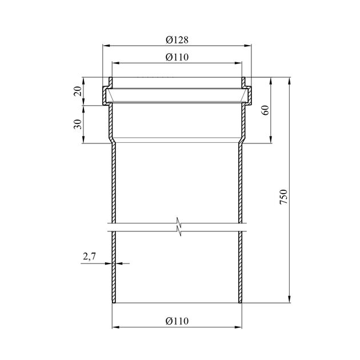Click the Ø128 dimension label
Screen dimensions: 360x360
coord(177,40)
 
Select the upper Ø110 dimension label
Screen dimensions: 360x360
coord(177,57)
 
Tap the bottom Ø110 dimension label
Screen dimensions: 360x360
coord(177,321)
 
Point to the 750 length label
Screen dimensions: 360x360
coord(283,197)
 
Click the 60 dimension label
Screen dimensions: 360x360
coord(265,110)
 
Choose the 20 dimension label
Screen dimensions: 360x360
coord(78,91)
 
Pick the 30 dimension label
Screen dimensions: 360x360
coord(78,124)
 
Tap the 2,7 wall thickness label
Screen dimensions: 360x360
coord(89,256)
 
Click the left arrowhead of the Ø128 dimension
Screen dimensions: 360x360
coord(106,46)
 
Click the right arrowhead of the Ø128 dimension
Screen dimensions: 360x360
coord(247,46)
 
